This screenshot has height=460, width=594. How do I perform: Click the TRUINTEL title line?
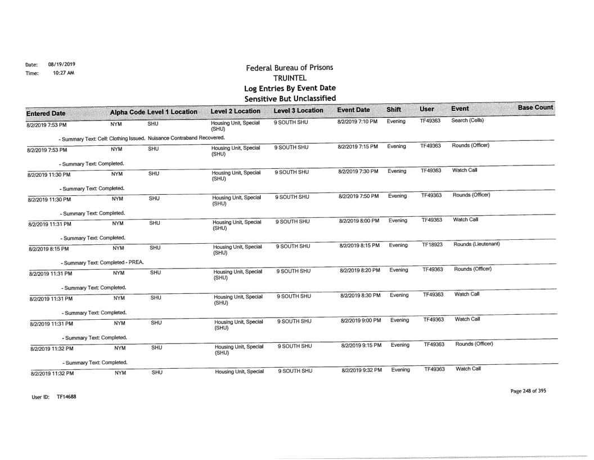click(289, 78)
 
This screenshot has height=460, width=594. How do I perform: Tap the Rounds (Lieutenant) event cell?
click(477, 245)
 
